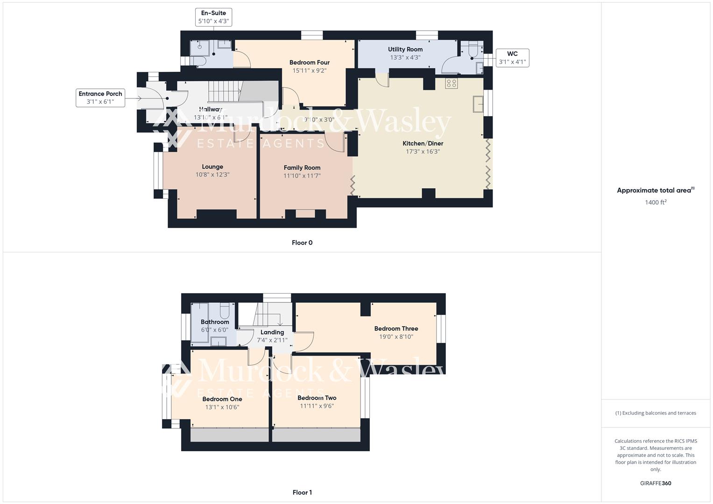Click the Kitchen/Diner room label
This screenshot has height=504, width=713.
click(x=423, y=143)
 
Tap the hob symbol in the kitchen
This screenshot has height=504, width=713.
click(x=451, y=84)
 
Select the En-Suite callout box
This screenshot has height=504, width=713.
click(x=213, y=17)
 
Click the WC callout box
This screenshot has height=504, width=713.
click(x=512, y=58)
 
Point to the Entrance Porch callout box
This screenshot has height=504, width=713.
click(x=100, y=98)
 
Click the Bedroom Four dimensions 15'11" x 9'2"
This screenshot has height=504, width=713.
click(x=309, y=71)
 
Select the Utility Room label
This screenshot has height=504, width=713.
click(x=405, y=49)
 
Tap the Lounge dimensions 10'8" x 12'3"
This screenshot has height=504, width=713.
click(x=212, y=175)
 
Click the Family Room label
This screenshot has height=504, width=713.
click(x=302, y=168)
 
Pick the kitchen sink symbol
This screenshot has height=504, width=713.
click(x=478, y=104)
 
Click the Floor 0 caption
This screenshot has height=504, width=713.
click(x=302, y=243)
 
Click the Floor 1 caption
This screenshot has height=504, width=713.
click(x=302, y=492)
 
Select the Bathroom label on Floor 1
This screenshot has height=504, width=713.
click(x=215, y=322)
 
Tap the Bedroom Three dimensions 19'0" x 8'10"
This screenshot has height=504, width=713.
click(x=396, y=337)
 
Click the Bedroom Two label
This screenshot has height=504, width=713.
click(x=317, y=398)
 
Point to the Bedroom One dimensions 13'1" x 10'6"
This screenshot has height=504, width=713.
click(x=222, y=407)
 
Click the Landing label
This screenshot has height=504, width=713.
click(x=272, y=332)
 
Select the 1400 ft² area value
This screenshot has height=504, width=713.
click(x=655, y=203)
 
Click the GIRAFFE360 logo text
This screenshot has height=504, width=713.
click(x=655, y=483)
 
